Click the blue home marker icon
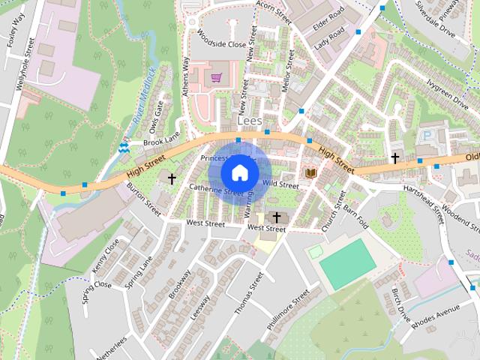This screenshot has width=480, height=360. click(239, 172)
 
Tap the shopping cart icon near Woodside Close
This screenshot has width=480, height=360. click(216, 77)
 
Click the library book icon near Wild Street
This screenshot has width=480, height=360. click(310, 173)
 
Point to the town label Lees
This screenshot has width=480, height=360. click(247, 120)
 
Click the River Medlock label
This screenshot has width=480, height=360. click(142, 96)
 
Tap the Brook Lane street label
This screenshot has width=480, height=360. click(162, 141)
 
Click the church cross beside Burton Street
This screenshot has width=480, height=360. click(172, 178)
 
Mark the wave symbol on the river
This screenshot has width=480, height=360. click(124, 148)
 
